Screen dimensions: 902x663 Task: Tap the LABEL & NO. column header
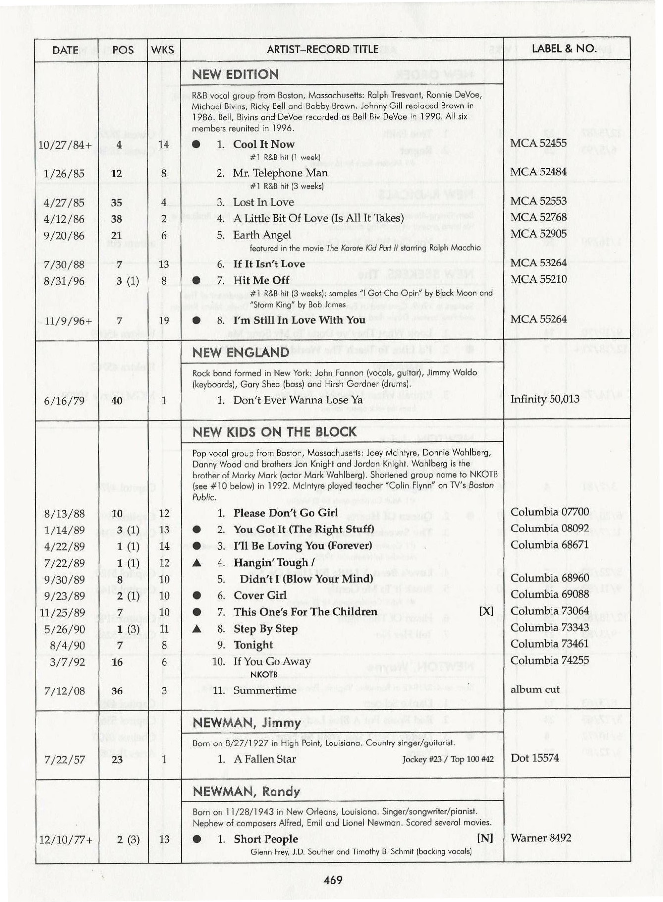(x=564, y=49)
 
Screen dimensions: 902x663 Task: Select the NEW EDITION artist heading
(x=235, y=74)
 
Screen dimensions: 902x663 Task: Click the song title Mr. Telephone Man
(x=280, y=173)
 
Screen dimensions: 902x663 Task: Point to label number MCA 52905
(x=539, y=234)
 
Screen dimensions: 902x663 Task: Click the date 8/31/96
(x=64, y=281)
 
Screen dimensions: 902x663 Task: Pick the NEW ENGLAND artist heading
(x=240, y=352)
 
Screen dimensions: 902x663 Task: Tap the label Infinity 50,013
(x=545, y=399)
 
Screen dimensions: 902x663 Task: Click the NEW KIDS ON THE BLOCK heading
(x=274, y=432)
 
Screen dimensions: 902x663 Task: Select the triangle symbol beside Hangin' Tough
(x=197, y=563)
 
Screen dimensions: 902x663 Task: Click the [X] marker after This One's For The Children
(x=486, y=611)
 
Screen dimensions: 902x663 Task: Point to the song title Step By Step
(x=266, y=629)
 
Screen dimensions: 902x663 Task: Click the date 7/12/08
(x=64, y=690)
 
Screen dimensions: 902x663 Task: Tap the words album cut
(x=535, y=690)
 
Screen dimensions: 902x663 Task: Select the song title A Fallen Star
(x=265, y=759)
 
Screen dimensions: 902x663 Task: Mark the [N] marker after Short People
(x=485, y=838)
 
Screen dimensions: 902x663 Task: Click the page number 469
(x=332, y=880)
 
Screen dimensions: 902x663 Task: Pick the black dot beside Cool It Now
(x=196, y=144)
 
